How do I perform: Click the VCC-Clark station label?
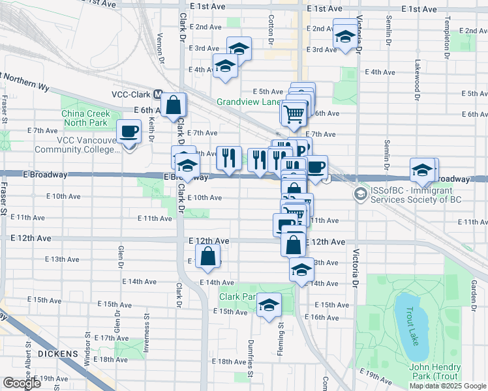click(131, 94)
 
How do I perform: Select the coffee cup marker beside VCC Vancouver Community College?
click(129, 132)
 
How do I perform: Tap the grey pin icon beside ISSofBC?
click(360, 194)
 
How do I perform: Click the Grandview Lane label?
click(248, 102)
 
